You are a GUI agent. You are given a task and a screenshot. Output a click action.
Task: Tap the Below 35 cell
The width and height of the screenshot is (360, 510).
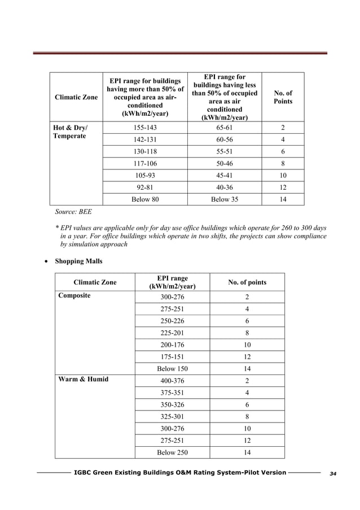225,199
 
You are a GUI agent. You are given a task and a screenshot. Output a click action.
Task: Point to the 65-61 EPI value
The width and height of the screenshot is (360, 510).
225,128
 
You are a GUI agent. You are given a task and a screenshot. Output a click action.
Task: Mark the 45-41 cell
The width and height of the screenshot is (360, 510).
225,175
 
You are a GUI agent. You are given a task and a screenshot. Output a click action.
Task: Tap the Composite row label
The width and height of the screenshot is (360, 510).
74,295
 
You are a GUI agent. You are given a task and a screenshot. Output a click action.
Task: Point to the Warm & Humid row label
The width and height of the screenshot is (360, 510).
84,379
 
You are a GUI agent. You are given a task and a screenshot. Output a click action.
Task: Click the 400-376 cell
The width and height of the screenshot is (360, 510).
172,381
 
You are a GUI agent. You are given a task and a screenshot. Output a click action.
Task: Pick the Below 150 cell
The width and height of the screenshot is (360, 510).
172,369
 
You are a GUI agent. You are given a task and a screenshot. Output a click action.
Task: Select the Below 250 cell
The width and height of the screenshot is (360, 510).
172,452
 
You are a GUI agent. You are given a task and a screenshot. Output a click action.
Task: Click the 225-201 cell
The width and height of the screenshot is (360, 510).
172,333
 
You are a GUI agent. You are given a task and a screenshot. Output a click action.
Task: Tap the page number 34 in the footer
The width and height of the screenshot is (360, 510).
332,473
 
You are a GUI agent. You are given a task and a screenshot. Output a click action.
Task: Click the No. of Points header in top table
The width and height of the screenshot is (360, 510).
283,97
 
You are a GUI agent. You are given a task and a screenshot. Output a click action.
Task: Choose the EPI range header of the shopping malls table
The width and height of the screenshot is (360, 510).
172,282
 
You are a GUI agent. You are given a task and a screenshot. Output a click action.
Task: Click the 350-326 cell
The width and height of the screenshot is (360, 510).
172,405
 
